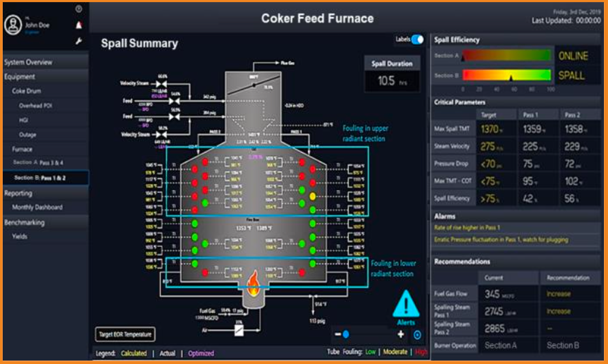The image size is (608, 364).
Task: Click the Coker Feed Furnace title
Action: coord(317,18)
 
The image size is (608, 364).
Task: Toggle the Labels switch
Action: coord(417,40)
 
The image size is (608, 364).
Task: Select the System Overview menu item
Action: coord(29,62)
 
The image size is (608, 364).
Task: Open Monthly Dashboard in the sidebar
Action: coord(37,207)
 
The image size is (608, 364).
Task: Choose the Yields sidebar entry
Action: coord(20,237)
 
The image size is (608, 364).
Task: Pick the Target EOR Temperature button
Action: coord(125,334)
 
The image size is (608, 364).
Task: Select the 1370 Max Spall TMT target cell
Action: coord(491,129)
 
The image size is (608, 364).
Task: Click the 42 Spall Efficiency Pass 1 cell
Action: coord(532,199)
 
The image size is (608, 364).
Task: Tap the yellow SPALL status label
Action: coord(572,75)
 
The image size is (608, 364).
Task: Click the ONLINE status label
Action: coord(573,56)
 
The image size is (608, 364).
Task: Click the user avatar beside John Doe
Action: coord(12,25)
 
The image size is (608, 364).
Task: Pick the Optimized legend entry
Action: coord(201,353)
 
